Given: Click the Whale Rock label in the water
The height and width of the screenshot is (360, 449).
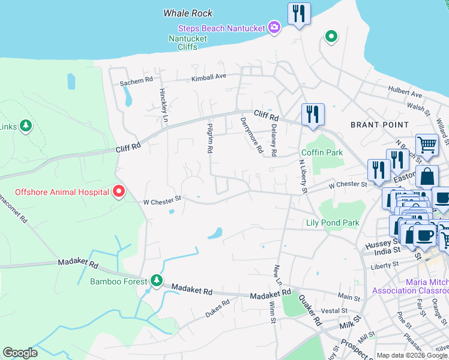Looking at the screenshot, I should pyautogui.click(x=188, y=13).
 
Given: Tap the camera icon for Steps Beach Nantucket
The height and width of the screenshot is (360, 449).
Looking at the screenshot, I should pyautogui.click(x=274, y=26).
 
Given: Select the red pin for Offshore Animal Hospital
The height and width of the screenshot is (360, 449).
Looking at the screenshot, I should pyautogui.click(x=118, y=191).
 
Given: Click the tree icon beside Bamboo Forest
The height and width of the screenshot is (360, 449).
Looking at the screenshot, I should pyautogui.click(x=157, y=281).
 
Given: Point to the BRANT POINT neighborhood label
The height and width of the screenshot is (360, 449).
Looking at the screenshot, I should pyautogui.click(x=375, y=124).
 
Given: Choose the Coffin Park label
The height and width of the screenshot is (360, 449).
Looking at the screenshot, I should pyautogui.click(x=322, y=152).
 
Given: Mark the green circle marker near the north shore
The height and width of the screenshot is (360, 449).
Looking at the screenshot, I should pyautogui.click(x=331, y=37).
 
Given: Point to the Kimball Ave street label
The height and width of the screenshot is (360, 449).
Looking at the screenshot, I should pyautogui.click(x=208, y=77).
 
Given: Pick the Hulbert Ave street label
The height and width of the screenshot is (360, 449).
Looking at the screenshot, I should pyautogui.click(x=405, y=93).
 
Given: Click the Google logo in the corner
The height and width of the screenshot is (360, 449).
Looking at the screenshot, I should pyautogui.click(x=20, y=353).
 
